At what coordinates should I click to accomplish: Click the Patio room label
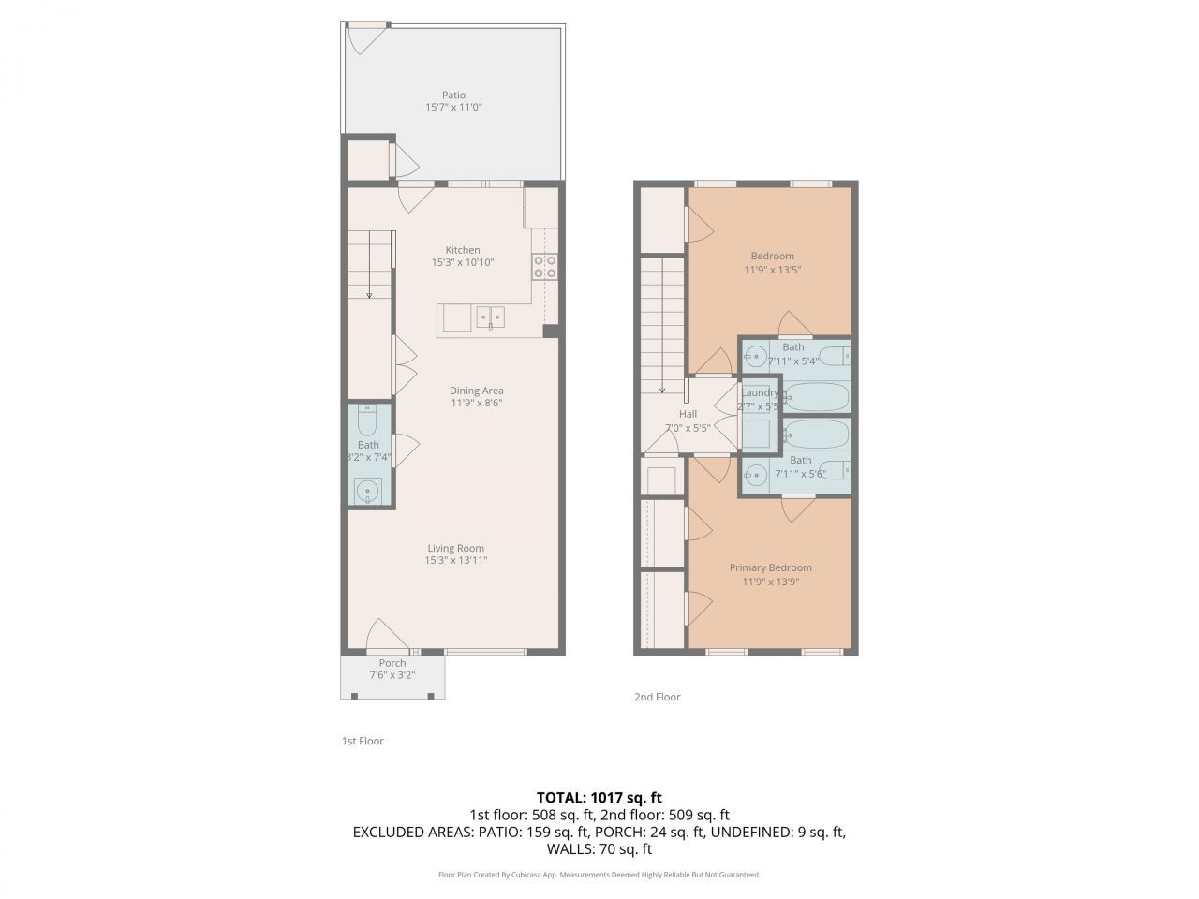tap(453, 95)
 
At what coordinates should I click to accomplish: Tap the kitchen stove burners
tap(544, 267)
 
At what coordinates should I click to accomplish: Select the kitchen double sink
tap(490, 318)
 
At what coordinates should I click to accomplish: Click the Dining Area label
tap(476, 391)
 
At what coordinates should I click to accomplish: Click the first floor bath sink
tap(368, 490)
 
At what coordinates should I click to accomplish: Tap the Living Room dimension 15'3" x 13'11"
tap(455, 561)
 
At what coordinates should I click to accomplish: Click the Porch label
tap(392, 663)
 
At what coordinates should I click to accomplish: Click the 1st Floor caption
tap(363, 741)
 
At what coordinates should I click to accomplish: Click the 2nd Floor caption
tap(658, 697)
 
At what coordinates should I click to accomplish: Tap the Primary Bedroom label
tap(770, 567)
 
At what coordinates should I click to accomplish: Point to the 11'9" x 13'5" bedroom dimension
tap(772, 270)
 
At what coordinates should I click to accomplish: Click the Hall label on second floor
tap(688, 414)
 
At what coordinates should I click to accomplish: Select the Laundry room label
tap(759, 393)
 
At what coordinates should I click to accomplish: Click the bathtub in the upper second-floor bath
tap(816, 397)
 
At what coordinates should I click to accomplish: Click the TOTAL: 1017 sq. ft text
tap(599, 798)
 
